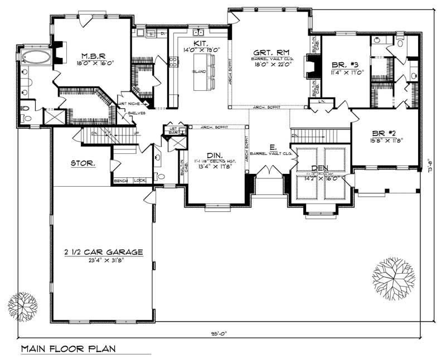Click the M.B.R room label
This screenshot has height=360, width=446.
pos(90,56)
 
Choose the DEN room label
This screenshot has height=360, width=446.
pos(319,168)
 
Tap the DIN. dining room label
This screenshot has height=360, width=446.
pos(215,155)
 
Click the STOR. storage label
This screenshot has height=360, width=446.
pos(82,164)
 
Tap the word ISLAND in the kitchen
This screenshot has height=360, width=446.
pos(199,72)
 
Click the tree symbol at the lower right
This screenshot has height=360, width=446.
pos(393,276)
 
